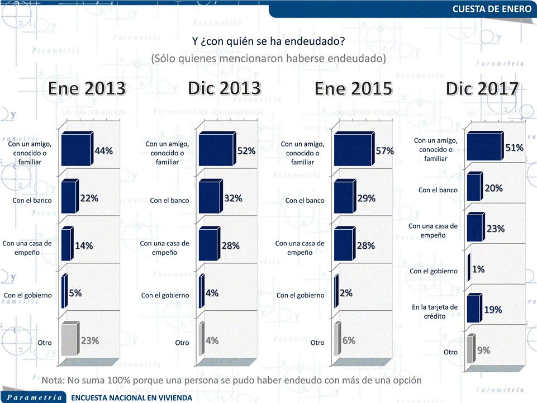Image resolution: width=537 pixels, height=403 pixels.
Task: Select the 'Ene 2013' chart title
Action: click(87, 88)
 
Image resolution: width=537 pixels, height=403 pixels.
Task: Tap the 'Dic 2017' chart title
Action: click(482, 88)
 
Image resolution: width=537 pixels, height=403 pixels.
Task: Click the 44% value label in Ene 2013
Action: click(104, 151)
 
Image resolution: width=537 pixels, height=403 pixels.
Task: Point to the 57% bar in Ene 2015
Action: click(353, 151)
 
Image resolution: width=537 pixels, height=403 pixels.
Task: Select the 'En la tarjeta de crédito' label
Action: click(434, 311)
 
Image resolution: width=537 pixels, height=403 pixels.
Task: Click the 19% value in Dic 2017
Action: click(493, 310)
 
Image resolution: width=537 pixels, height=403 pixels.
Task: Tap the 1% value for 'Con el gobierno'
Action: click(478, 269)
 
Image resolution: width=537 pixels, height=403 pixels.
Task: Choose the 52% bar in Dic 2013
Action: click(216, 151)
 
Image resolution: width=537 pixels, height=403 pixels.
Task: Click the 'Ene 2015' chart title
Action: click(353, 88)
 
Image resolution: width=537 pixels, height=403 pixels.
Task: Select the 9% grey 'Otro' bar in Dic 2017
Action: click(471, 353)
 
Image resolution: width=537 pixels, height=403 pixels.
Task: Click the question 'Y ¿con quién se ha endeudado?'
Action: click(268, 42)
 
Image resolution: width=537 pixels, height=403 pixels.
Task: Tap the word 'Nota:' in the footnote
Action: click(53, 380)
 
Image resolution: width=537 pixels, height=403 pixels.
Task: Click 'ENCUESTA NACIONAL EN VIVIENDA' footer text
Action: click(132, 397)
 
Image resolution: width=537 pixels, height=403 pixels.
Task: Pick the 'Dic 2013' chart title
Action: click(224, 88)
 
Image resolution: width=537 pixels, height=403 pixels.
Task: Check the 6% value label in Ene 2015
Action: click(349, 340)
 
